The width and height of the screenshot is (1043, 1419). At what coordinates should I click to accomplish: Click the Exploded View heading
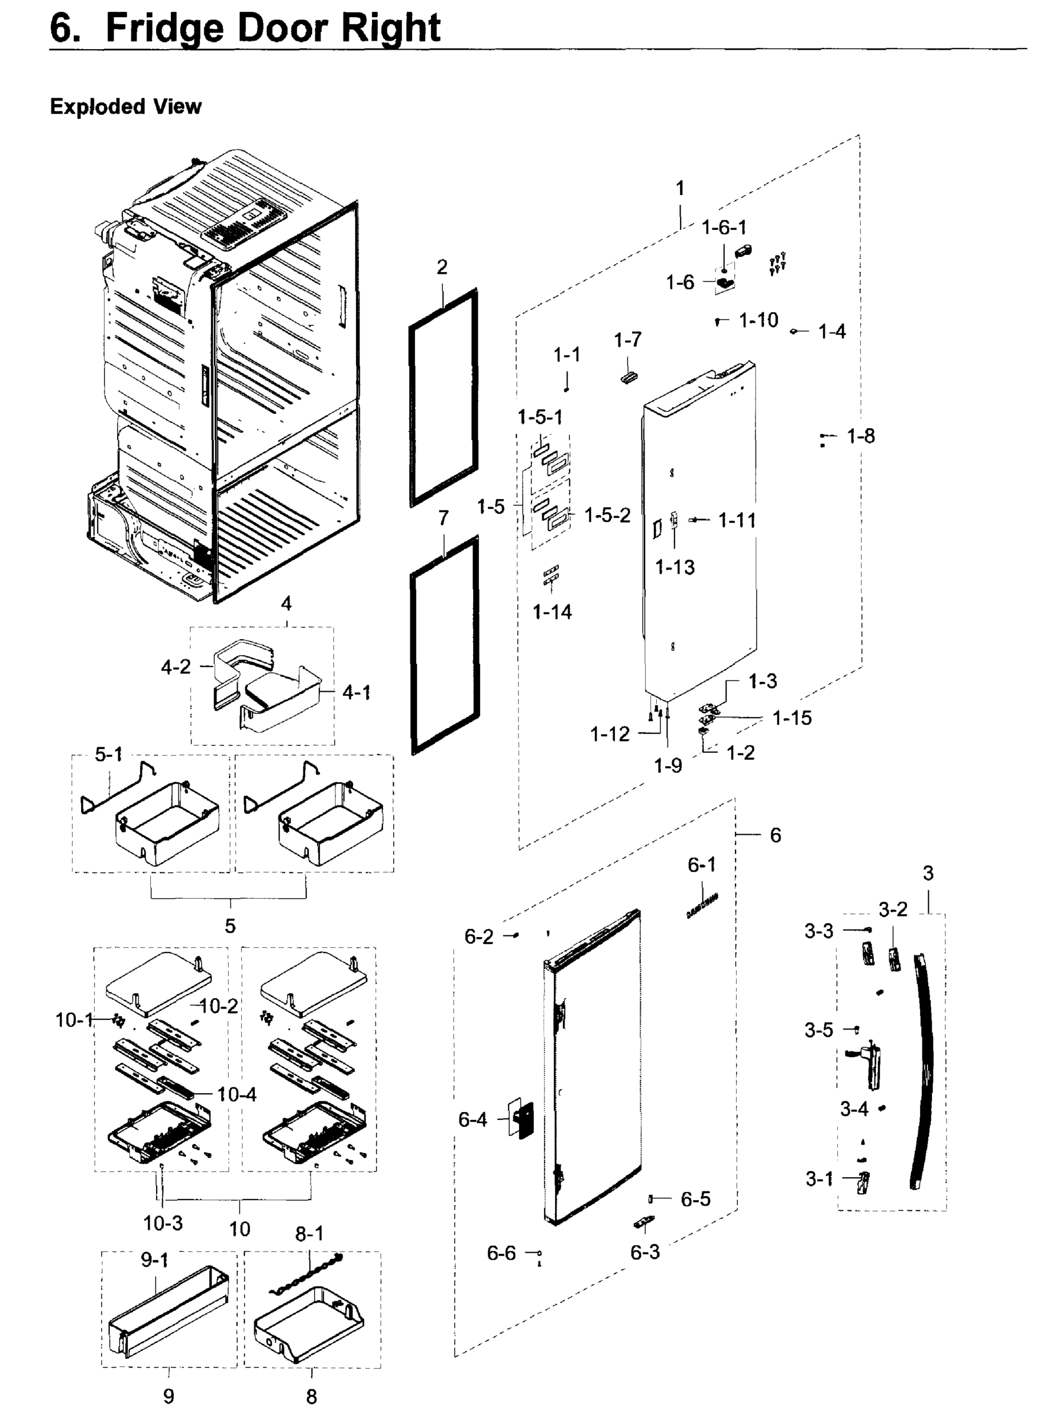tap(125, 106)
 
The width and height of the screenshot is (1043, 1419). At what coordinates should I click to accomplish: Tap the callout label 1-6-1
tap(724, 227)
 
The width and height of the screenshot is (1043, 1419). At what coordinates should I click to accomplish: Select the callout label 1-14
tap(552, 612)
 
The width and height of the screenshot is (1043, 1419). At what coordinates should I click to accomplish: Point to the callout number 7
tap(443, 519)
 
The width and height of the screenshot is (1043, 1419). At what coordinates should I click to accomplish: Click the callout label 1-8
tap(860, 436)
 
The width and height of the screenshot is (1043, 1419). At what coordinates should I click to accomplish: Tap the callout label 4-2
tap(176, 667)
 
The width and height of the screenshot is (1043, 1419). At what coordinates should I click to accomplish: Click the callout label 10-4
tap(237, 1094)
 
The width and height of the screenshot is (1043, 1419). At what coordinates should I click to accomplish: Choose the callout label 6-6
tap(501, 1252)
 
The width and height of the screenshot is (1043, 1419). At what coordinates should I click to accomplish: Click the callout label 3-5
tap(818, 1030)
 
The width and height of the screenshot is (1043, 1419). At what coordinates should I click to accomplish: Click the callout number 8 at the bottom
tap(311, 1397)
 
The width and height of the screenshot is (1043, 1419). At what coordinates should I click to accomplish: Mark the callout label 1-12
tap(609, 734)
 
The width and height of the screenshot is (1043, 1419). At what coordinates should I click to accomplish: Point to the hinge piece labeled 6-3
tap(644, 1222)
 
